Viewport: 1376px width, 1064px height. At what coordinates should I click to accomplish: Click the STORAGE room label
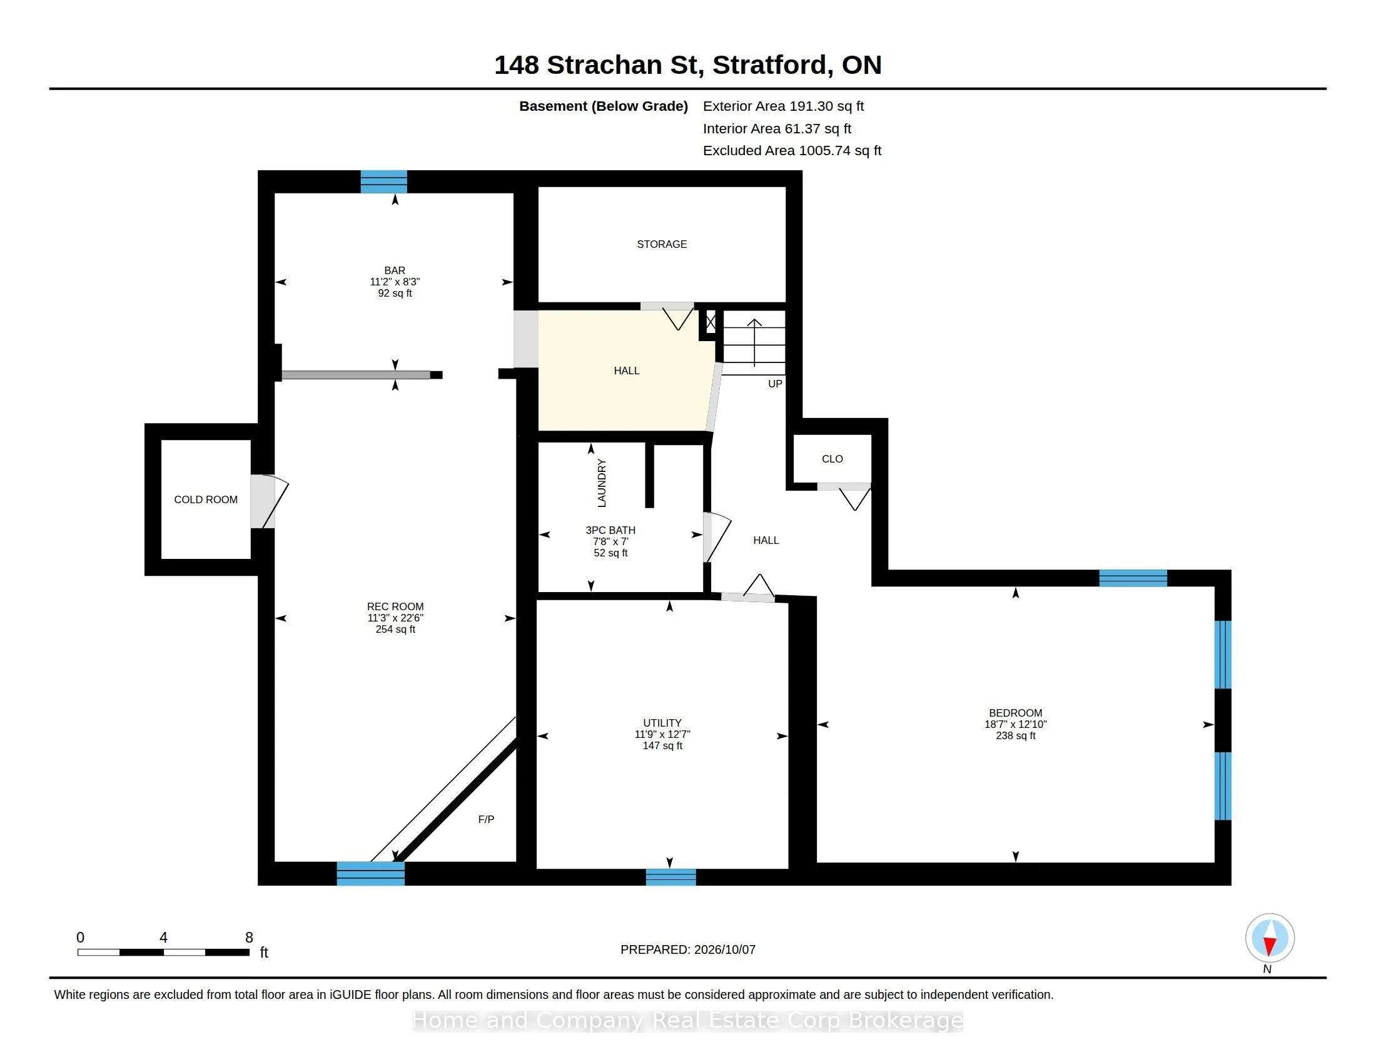click(x=662, y=244)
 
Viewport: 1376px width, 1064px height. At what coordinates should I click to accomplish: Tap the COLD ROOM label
click(x=206, y=499)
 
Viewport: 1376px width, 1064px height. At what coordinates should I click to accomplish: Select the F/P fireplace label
click(x=486, y=819)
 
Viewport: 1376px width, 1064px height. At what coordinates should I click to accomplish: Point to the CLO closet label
click(x=832, y=459)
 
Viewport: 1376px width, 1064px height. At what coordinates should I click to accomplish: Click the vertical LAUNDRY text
click(x=602, y=483)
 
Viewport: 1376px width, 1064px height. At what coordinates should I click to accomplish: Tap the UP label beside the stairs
click(x=775, y=384)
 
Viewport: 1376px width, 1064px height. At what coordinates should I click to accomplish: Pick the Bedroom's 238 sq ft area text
click(x=1016, y=735)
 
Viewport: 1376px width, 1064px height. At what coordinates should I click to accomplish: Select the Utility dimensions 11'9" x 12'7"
click(x=662, y=734)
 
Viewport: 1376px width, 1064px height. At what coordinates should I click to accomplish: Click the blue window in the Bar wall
click(x=383, y=182)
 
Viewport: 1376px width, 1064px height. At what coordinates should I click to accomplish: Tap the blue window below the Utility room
click(x=671, y=877)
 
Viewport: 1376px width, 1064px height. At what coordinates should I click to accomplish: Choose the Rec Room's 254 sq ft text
click(x=395, y=629)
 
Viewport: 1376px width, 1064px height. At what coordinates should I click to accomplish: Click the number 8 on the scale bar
click(x=249, y=938)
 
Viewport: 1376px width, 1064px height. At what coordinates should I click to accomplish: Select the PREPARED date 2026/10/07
click(x=724, y=949)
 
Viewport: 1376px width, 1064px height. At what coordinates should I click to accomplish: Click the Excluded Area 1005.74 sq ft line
click(x=792, y=151)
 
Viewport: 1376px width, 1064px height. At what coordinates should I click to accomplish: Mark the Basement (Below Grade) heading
click(x=604, y=106)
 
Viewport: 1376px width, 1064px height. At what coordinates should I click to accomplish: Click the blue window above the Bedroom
click(x=1133, y=578)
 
